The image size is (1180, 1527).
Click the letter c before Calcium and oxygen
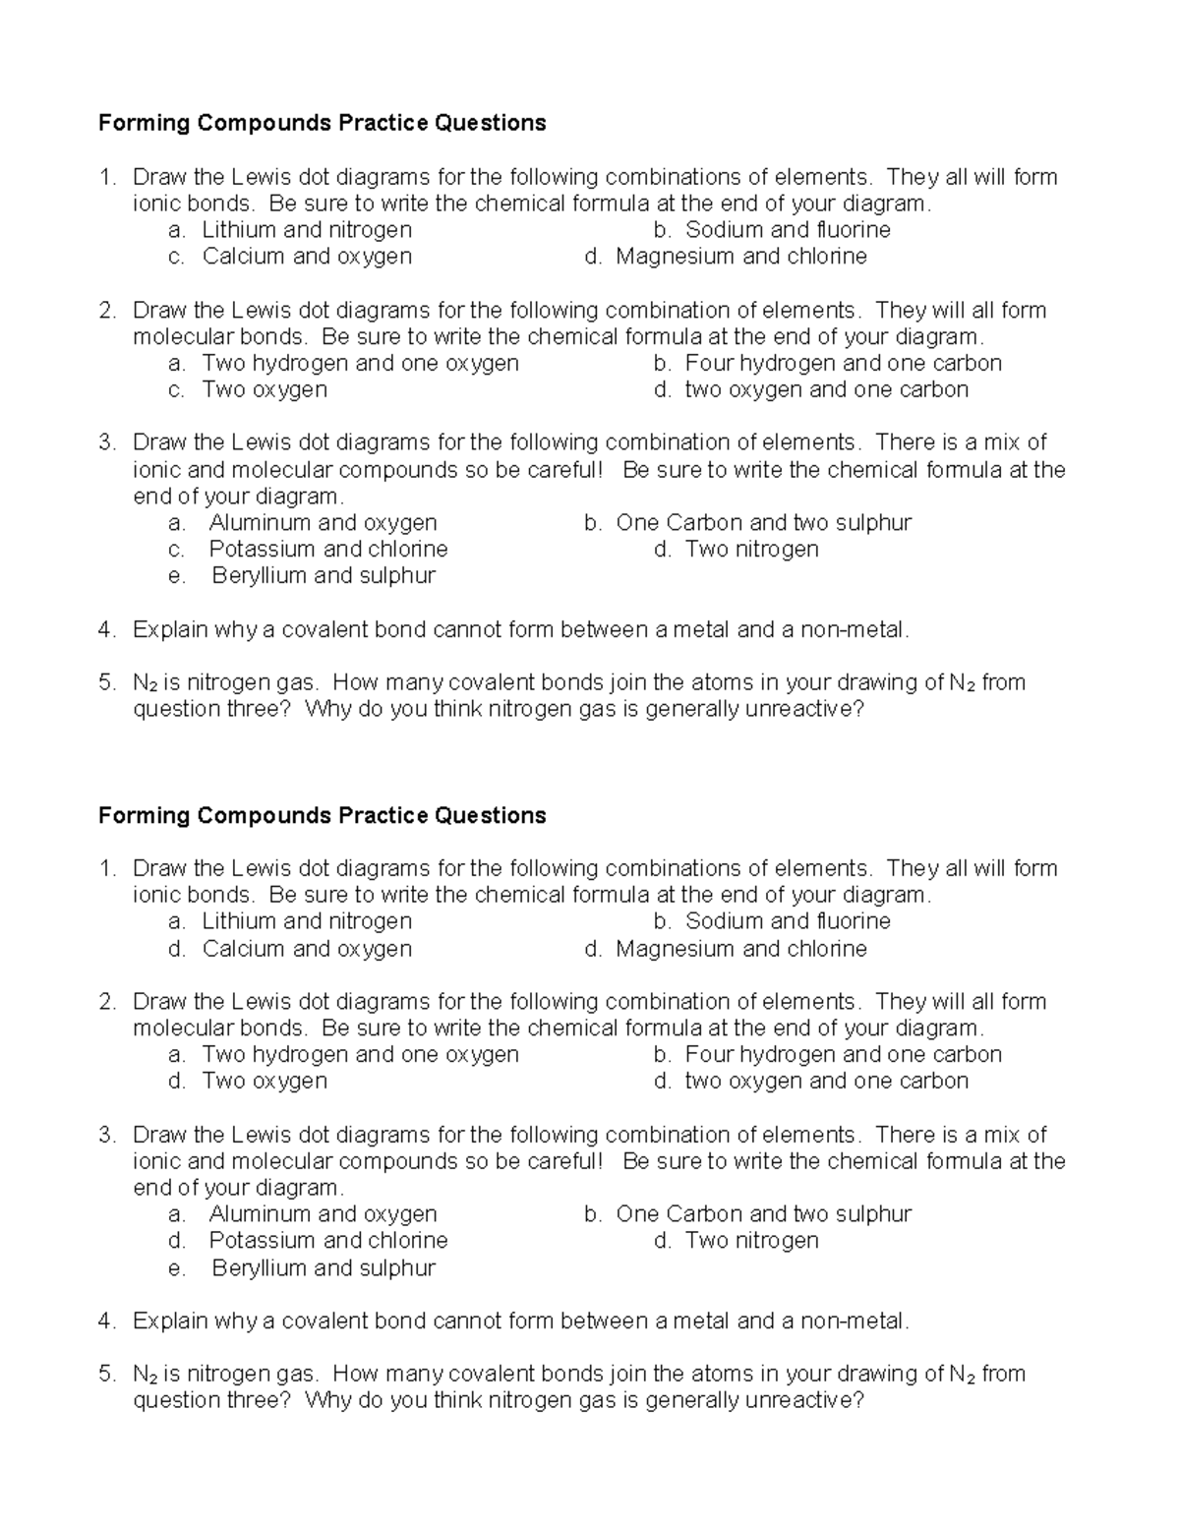[175, 258]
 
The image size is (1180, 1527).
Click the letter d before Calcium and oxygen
[175, 949]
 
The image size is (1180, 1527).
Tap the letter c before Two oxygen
[175, 390]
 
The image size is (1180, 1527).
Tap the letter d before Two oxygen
[175, 1082]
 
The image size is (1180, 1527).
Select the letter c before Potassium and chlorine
[175, 550]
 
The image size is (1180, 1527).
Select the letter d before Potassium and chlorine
[175, 1241]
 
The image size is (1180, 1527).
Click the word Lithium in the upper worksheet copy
[238, 230]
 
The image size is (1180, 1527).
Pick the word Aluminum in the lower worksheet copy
[260, 1214]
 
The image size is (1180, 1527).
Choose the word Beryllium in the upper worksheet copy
[259, 576]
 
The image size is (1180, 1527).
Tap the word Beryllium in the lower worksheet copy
[259, 1268]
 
